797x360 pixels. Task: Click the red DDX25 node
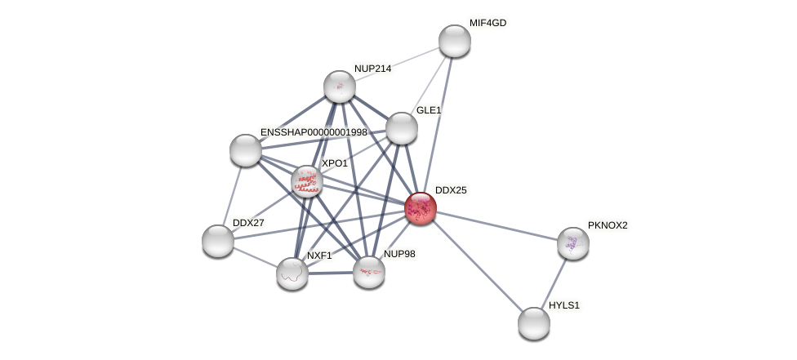click(421, 208)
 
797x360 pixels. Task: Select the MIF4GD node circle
click(455, 41)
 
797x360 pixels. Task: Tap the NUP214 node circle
click(340, 87)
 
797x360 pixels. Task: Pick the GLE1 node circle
click(402, 128)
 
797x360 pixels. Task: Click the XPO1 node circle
click(307, 181)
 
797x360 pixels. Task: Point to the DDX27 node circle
click(218, 241)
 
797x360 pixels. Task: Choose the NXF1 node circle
click(292, 273)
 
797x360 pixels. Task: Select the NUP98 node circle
click(369, 272)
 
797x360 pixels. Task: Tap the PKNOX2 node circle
click(573, 243)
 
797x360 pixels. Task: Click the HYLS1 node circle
click(534, 323)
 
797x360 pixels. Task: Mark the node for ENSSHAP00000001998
click(246, 150)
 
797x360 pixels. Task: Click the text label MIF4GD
click(488, 23)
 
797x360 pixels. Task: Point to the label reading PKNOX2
click(608, 225)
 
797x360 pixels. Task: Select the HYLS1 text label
click(563, 305)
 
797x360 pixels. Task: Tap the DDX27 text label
click(248, 223)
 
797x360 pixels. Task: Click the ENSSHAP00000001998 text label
click(314, 132)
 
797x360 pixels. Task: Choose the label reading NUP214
click(372, 69)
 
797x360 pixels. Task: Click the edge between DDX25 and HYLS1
click(478, 266)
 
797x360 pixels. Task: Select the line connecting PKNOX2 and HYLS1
click(554, 283)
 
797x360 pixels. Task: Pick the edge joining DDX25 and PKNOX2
click(496, 225)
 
